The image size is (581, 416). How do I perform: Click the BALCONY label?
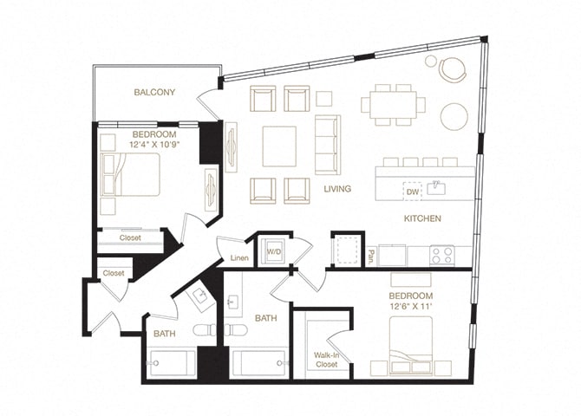[x=154, y=92]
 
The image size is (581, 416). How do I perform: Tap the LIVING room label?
[x=337, y=188]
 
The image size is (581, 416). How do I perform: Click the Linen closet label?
[x=240, y=257]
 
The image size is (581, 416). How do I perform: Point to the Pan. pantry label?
[x=370, y=255]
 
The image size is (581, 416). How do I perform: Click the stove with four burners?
[x=442, y=255]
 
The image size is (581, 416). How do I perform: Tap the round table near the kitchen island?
[x=454, y=115]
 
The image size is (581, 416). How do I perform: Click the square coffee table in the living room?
[x=279, y=146]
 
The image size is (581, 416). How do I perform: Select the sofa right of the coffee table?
[x=328, y=144]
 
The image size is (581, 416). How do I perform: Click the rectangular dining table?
[x=394, y=105]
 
